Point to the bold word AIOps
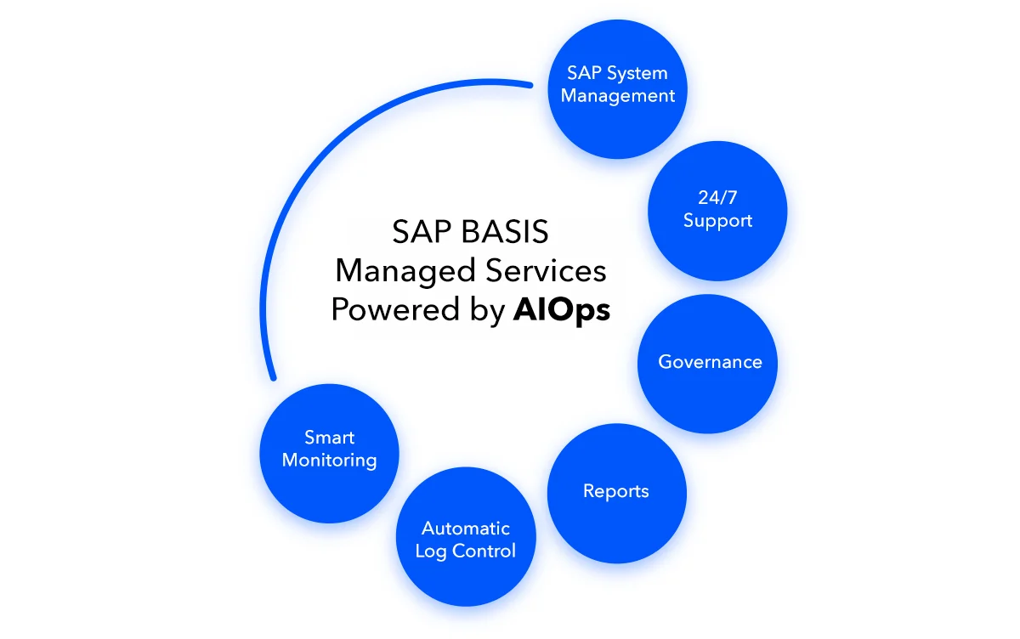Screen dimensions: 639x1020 pyautogui.click(x=562, y=310)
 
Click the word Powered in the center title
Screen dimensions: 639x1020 pyautogui.click(x=383, y=310)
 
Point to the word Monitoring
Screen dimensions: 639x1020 pyautogui.click(x=329, y=461)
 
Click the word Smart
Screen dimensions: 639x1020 pyautogui.click(x=329, y=438)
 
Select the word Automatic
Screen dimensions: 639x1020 pyautogui.click(x=466, y=529)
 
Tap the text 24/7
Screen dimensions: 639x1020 pyautogui.click(x=718, y=198)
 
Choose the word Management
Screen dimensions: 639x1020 pyautogui.click(x=618, y=96)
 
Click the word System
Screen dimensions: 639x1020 pyautogui.click(x=637, y=73)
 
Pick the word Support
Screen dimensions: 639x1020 pyautogui.click(x=718, y=221)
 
